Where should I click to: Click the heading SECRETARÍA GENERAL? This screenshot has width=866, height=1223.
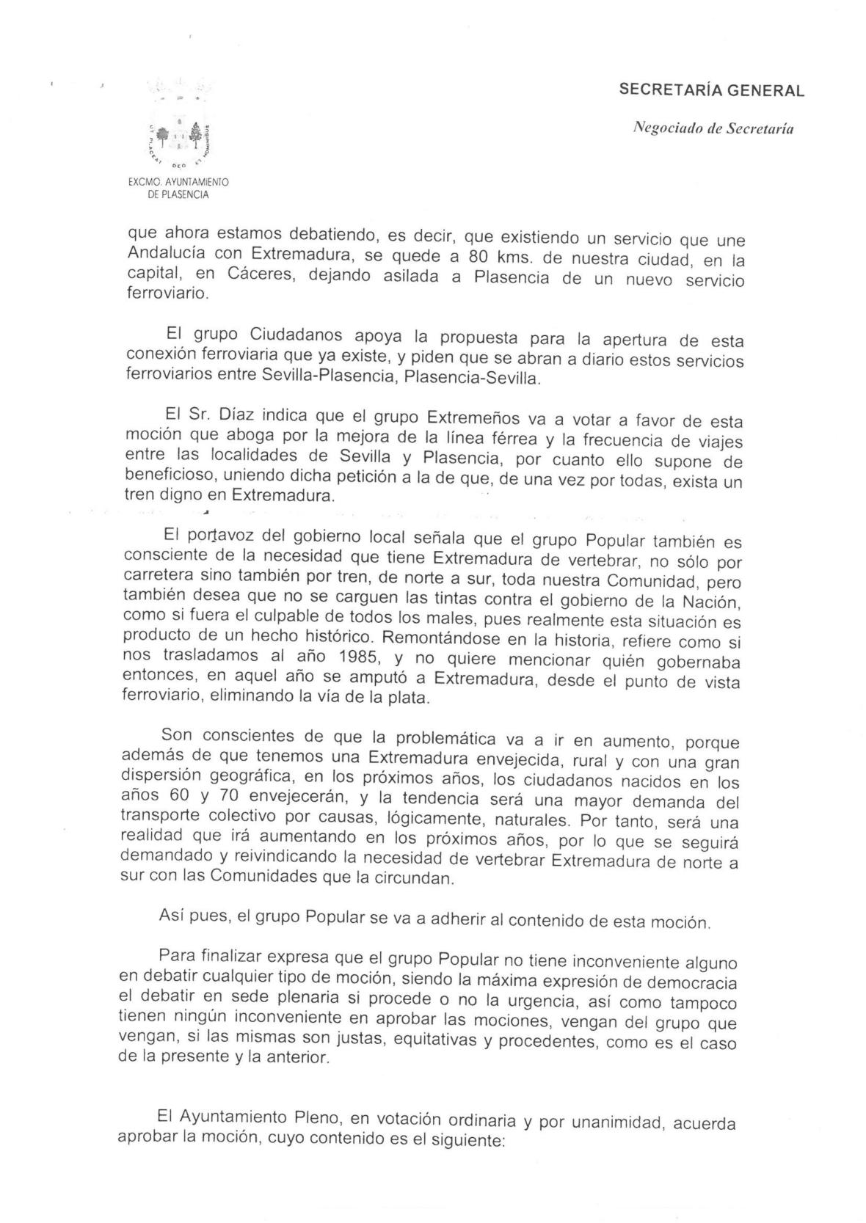click(711, 91)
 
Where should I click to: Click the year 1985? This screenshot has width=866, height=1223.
click(343, 657)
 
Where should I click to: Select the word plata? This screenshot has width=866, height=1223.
click(407, 698)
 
